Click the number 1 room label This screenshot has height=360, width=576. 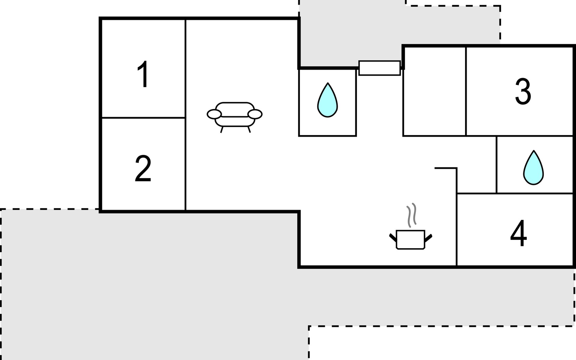pos(143,74)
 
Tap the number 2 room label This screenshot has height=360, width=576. pos(143,168)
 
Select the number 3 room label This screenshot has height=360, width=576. pos(523,91)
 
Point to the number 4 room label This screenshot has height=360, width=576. pos(518,233)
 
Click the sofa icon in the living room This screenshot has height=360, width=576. pos(235,115)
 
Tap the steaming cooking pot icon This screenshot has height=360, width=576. pos(410,239)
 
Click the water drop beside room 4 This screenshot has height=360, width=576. pos(533,168)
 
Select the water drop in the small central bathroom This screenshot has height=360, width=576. pos(327,100)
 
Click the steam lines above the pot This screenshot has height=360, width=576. pos(411,214)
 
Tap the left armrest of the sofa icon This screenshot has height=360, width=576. pos(214,114)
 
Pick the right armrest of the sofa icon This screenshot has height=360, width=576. pos(255,114)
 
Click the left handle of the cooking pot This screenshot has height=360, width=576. pos(393,237)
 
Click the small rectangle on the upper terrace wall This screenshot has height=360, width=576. pos(379,68)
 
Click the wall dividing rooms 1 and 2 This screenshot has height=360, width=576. pos(143,118)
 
